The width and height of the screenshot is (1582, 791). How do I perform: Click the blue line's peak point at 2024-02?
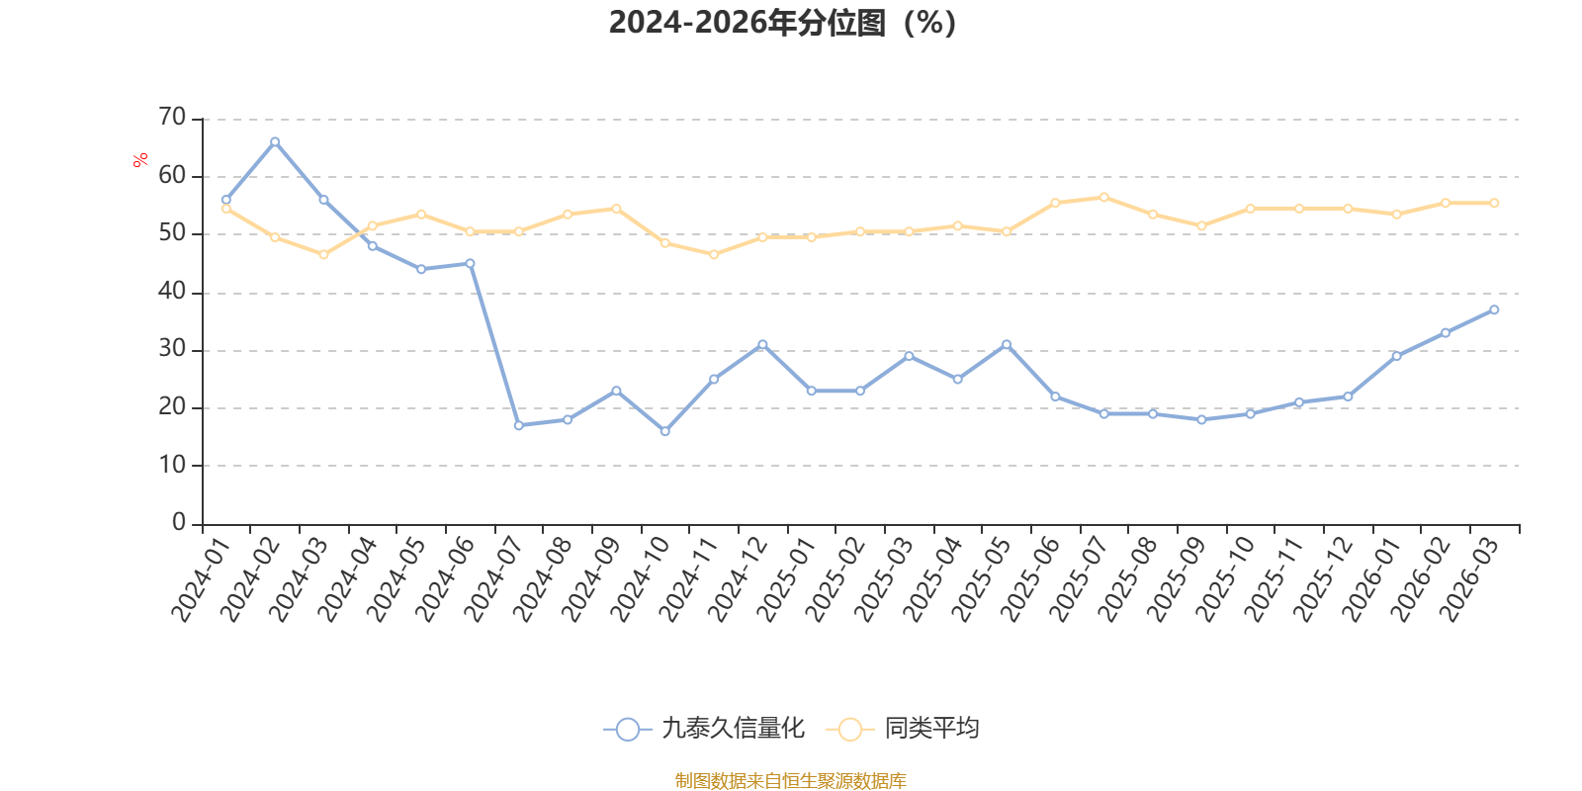pos(275,142)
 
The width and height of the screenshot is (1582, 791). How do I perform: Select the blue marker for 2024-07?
pos(519,425)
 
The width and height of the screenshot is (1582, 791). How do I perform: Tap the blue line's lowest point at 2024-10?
pos(665,431)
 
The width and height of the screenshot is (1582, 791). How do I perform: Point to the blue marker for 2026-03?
pos(1494,309)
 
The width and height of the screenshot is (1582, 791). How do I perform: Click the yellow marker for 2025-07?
pos(1103,197)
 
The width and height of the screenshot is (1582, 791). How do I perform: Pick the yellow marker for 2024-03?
pos(323,254)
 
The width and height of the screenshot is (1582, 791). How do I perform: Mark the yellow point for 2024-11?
pos(714,254)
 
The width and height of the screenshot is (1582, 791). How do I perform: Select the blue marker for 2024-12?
pos(762,345)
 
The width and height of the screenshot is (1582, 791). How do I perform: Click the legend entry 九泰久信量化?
pos(704,728)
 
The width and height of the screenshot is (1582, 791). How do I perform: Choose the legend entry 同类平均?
pos(903,728)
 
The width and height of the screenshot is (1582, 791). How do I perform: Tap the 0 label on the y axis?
pos(179,523)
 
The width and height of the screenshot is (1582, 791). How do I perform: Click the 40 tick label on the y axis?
pos(172,291)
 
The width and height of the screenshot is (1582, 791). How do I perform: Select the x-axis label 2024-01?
pos(202,579)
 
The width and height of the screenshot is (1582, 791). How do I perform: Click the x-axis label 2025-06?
pos(1030,579)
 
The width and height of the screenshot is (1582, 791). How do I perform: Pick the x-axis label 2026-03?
pos(1469,579)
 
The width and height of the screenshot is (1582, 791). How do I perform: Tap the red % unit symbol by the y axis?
pos(139,159)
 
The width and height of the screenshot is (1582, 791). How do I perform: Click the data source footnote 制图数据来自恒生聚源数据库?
pos(790,780)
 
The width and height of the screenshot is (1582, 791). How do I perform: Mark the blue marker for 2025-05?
pos(1007,345)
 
